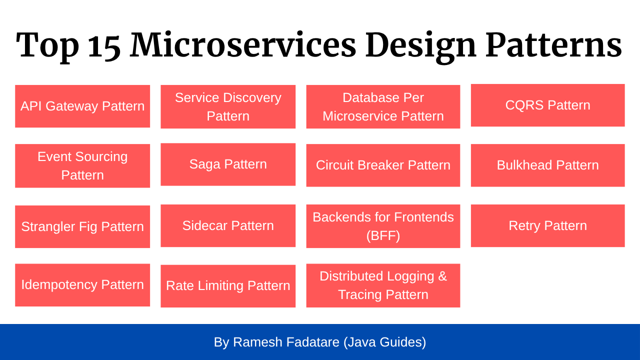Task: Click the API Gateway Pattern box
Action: pos(82,106)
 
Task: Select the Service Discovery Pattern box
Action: pos(228,107)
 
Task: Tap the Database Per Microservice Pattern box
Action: pos(383,107)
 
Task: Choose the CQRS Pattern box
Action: pos(547,105)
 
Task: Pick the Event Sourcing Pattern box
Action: pos(82,166)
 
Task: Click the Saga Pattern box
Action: pos(228,164)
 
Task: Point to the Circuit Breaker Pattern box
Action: pos(383,165)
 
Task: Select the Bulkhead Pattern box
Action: pos(547,165)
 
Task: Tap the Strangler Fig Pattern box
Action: pos(82,227)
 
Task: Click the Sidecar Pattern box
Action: pos(228,225)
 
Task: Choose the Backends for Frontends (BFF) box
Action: pos(383,226)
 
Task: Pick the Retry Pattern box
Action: pos(547,225)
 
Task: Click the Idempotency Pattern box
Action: pos(82,285)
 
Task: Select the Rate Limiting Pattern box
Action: pos(228,286)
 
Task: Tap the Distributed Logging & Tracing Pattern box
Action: pos(383,285)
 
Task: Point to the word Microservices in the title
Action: pos(243,44)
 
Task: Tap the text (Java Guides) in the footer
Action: pos(385,342)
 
